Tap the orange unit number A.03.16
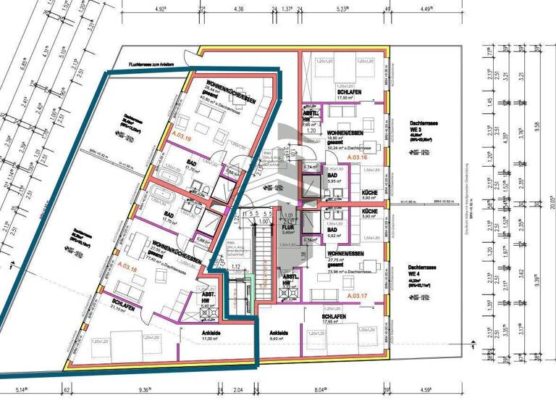358,157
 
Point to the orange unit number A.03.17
358,297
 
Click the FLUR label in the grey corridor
287,226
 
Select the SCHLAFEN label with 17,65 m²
337,318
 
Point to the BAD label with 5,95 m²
333,175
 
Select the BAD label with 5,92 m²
333,230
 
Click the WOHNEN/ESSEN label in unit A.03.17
344,253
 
